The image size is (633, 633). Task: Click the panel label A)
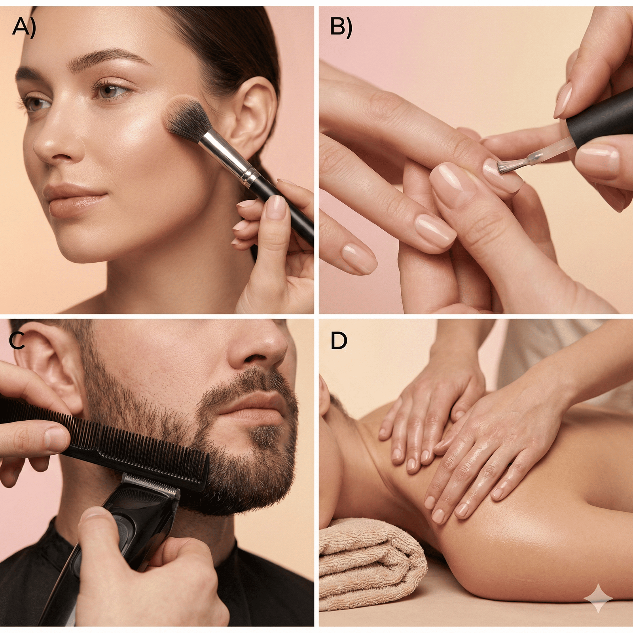pos(24,28)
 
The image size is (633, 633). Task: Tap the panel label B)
pos(341,28)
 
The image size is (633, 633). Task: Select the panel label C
pos(17,341)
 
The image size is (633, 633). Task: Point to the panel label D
pos(339,341)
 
